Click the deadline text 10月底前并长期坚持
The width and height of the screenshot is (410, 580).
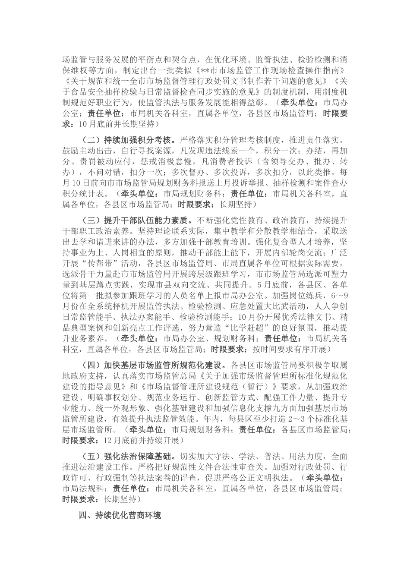tap(116, 124)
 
